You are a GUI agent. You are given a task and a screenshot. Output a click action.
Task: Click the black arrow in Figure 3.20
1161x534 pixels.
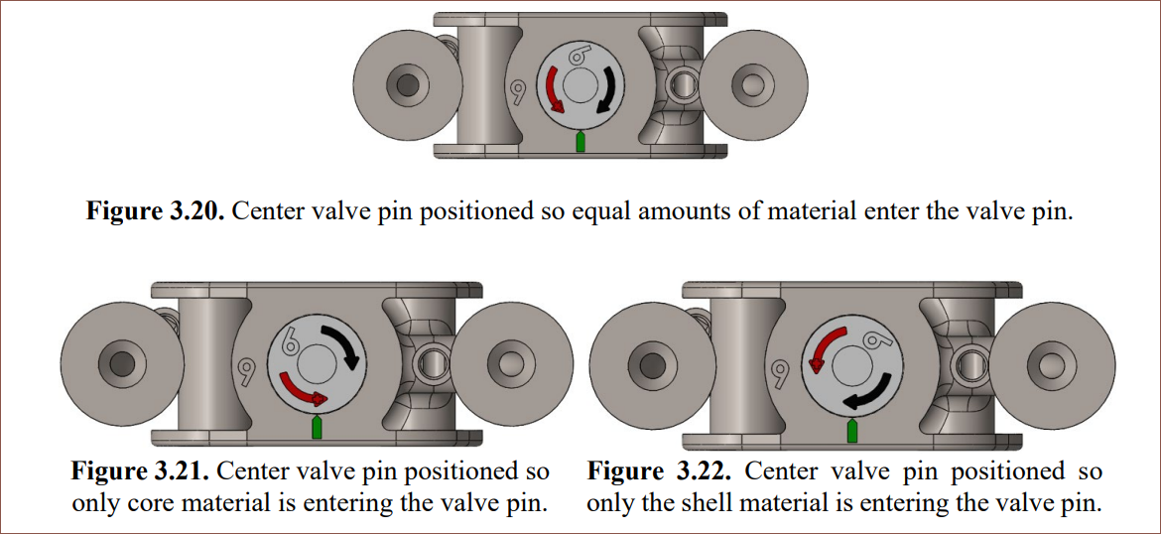tap(611, 92)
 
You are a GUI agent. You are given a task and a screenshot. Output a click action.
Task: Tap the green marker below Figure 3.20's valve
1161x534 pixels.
tap(580, 142)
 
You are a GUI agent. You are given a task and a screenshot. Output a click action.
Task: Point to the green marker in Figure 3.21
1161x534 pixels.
tap(317, 427)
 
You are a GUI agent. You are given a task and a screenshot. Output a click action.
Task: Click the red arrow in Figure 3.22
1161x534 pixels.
tap(823, 347)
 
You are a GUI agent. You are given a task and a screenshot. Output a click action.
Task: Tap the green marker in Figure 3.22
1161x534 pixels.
tap(851, 429)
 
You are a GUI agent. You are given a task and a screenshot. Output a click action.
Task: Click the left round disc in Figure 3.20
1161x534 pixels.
tap(404, 84)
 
